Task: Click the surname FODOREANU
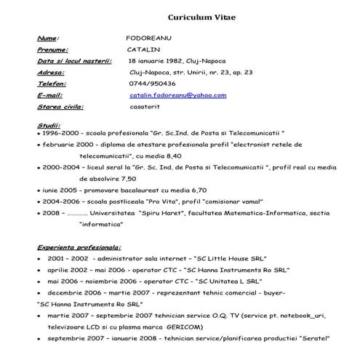pos(148,38)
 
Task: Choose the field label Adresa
pos(50,73)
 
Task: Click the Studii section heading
pos(48,125)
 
